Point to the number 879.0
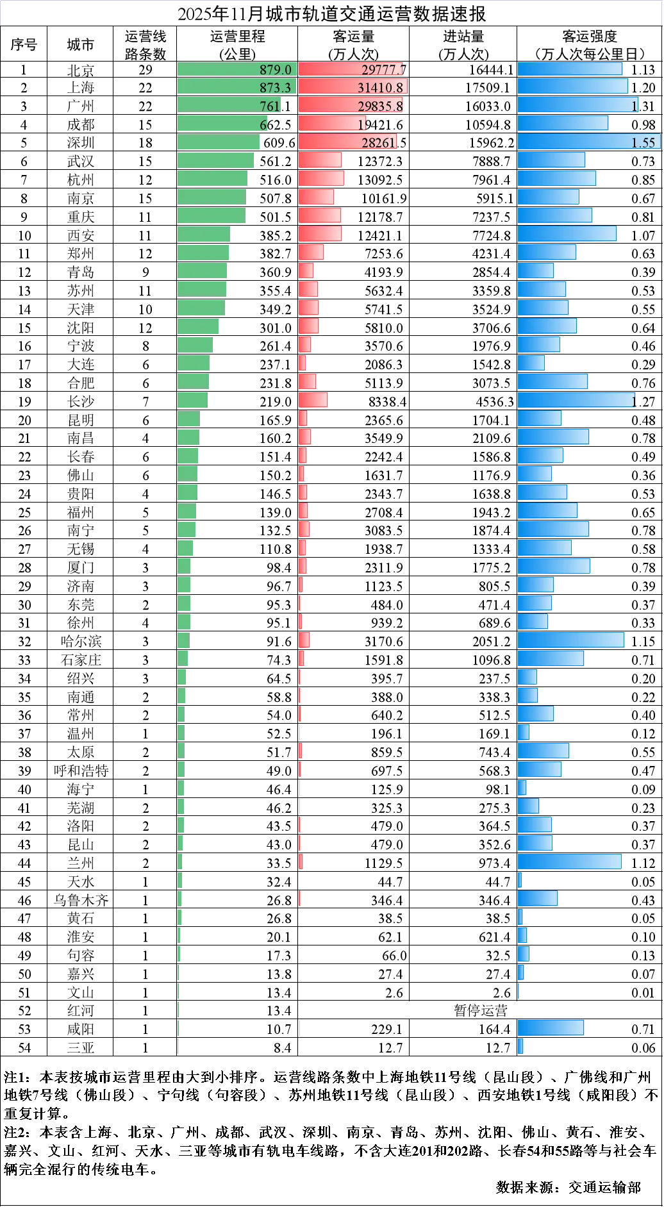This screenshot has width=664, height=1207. tap(275, 70)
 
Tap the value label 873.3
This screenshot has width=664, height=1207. tap(275, 88)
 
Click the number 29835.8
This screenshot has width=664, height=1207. tap(380, 106)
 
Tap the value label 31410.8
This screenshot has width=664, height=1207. tap(380, 88)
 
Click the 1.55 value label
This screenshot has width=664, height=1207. tap(643, 143)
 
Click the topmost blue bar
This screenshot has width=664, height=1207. tap(570, 69)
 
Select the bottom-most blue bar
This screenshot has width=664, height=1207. tap(522, 1046)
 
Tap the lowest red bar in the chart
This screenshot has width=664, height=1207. tap(300, 1028)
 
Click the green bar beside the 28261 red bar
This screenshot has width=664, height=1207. tap(218, 142)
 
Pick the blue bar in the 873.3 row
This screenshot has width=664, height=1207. tap(574, 87)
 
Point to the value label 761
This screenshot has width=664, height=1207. tap(270, 106)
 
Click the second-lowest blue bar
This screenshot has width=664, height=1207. tap(551, 1028)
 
